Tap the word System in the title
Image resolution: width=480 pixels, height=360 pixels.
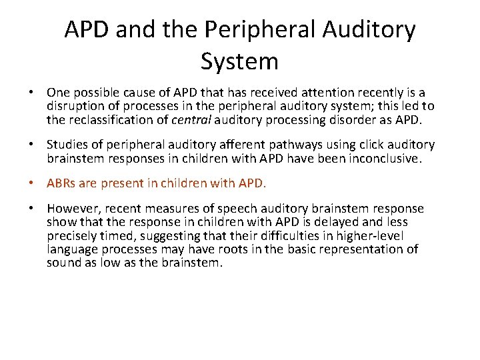pos(239,61)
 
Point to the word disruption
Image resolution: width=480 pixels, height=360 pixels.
pos(76,107)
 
